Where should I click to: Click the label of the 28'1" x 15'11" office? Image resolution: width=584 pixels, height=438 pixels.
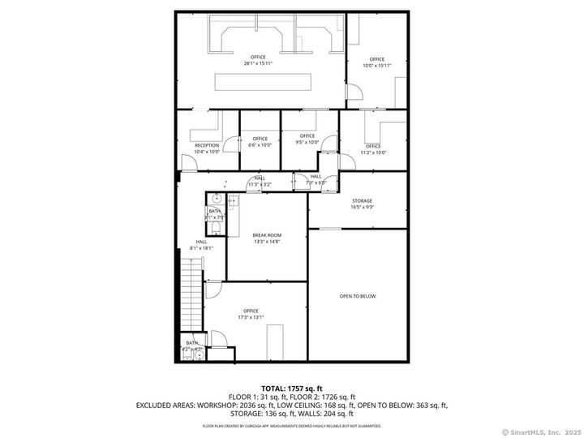258,60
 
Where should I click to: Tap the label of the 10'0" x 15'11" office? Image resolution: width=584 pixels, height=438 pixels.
376,62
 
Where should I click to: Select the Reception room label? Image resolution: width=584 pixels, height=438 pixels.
207,148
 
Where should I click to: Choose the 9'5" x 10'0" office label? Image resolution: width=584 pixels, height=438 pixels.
307,139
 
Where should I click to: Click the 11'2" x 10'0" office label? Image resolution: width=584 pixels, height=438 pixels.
373,149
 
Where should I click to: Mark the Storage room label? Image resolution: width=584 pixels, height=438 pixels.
362,204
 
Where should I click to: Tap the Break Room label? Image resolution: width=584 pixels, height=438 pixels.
267,238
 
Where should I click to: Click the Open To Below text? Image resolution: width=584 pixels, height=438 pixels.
358,296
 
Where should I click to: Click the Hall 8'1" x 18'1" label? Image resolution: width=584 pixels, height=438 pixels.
201,244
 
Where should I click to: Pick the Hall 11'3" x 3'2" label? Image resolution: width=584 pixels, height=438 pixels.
260,181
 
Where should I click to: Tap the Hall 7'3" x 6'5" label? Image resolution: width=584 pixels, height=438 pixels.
316,179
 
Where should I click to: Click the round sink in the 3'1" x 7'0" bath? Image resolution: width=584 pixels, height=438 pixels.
217,199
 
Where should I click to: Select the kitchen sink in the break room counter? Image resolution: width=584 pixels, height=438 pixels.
233,200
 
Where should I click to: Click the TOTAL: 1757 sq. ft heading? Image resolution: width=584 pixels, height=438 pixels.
291,389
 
